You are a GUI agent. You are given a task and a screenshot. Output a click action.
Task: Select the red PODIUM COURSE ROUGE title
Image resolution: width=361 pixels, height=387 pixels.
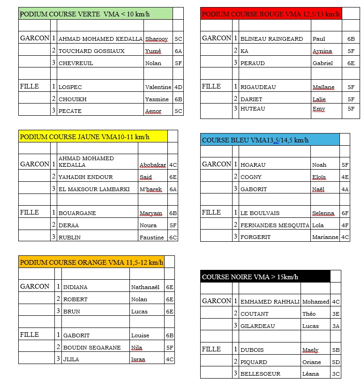pos(271,14)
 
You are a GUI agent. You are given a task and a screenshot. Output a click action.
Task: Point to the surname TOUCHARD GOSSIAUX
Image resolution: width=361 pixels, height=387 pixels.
pos(91,51)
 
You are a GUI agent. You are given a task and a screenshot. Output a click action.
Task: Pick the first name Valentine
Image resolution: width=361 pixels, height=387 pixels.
pos(158,87)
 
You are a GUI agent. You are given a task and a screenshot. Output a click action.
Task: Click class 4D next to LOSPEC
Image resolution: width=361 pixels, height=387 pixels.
pos(178,87)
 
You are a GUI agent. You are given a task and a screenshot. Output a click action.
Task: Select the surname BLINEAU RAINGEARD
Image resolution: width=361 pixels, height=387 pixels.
pos(271,39)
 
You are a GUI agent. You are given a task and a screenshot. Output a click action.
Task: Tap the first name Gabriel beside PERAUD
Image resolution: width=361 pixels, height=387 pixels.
pos(323,63)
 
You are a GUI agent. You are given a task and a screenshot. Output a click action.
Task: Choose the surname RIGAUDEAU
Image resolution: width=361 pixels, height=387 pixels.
pos(258,87)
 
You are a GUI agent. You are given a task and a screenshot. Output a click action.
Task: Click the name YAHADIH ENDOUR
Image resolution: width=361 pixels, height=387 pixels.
pos(85,177)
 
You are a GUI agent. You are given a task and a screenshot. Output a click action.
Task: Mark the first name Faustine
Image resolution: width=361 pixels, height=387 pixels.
pos(152,238)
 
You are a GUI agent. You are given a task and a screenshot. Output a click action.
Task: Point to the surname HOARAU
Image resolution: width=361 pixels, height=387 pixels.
pos(253,165)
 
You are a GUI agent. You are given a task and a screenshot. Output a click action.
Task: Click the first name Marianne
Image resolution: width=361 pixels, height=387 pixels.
pos(325,238)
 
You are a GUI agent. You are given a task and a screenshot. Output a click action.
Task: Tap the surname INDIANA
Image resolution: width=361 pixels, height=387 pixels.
pos(75,287)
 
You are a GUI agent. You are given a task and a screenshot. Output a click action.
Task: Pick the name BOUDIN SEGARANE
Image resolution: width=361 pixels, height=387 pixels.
pos(92,348)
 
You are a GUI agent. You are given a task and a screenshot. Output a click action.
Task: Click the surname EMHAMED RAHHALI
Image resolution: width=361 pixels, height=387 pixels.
pos(270,302)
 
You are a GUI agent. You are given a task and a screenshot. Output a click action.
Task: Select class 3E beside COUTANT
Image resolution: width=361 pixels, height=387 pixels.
pos(336,314)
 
